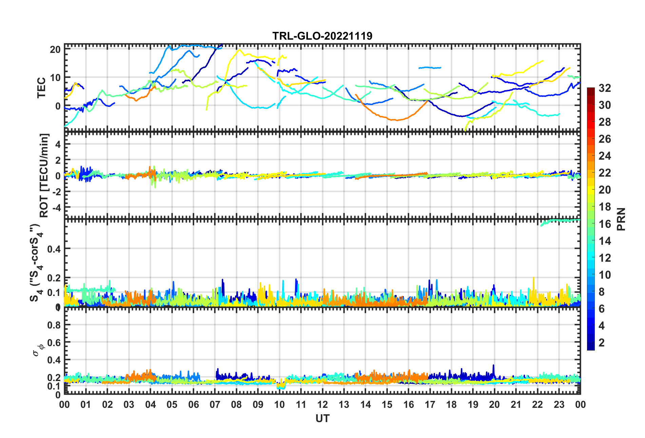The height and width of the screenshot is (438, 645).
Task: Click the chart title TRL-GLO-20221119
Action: [x=322, y=36]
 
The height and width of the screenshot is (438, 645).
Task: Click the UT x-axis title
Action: [x=322, y=419]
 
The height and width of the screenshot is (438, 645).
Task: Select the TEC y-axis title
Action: [x=41, y=87]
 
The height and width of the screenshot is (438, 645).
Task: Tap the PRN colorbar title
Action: [x=621, y=219]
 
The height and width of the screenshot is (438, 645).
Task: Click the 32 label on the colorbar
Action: [x=605, y=88]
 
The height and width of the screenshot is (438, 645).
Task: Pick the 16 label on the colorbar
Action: [x=605, y=224]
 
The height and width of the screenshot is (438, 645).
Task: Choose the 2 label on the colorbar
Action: [x=602, y=342]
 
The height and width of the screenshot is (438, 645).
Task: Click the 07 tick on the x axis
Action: [x=215, y=404]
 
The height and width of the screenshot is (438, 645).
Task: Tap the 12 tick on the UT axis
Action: [x=322, y=404]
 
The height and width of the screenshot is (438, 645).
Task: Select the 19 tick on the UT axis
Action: [x=473, y=404]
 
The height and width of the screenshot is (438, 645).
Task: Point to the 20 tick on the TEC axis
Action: [x=55, y=49]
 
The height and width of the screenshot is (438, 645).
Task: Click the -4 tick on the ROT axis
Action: [x=56, y=207]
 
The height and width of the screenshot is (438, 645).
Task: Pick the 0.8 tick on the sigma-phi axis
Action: [x=54, y=325]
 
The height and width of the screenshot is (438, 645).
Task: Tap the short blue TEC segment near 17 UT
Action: [x=430, y=68]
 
